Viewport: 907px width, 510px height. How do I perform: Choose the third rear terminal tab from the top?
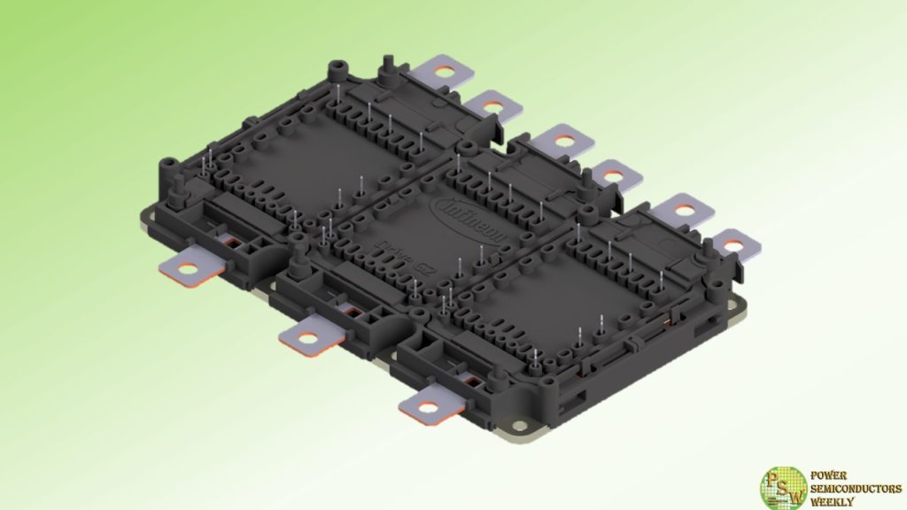(562, 138)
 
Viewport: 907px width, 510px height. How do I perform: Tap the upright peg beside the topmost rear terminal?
(386, 67)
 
